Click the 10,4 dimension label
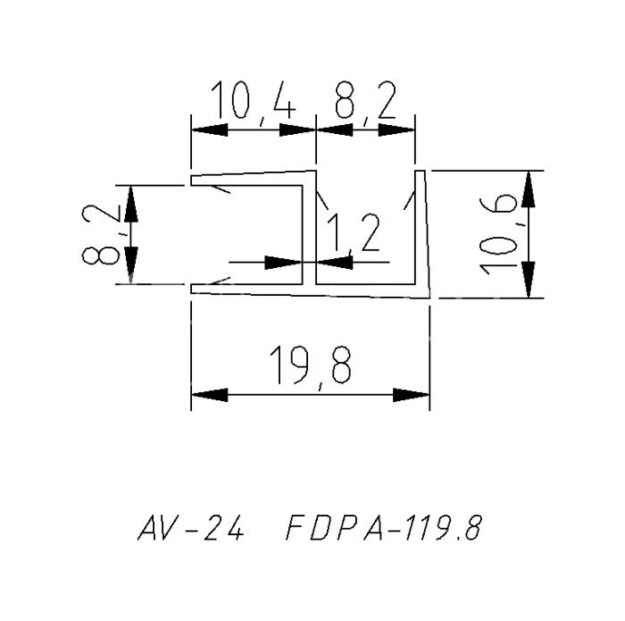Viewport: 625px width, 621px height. click(x=253, y=104)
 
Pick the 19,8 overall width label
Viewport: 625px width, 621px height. click(x=310, y=365)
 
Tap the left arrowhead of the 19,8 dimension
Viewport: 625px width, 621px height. click(x=210, y=395)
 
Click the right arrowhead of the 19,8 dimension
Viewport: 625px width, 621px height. click(x=410, y=395)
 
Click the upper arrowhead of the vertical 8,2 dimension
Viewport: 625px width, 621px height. click(x=131, y=204)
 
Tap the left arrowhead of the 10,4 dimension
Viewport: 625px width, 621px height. click(x=210, y=129)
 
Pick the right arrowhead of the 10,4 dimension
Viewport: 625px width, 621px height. click(x=298, y=129)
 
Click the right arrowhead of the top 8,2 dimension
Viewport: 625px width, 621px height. click(x=397, y=129)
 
